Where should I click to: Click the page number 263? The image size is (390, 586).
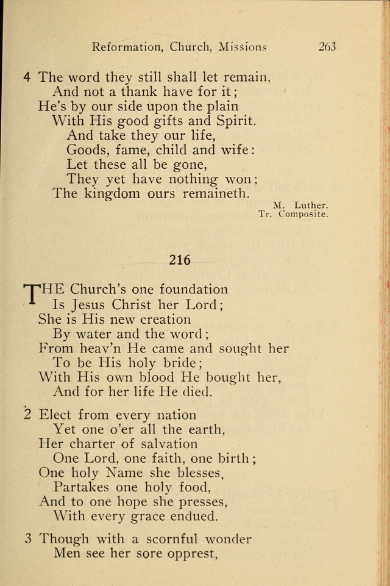point(327,47)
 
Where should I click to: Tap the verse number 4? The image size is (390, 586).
point(27,77)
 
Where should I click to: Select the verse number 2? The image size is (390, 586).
point(27,415)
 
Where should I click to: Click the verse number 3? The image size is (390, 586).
point(27,539)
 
